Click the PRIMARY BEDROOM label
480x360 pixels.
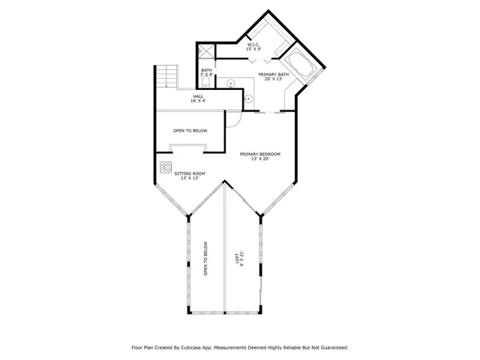pyautogui.click(x=259, y=154)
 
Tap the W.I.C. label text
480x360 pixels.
pyautogui.click(x=253, y=44)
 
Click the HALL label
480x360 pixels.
pyautogui.click(x=198, y=96)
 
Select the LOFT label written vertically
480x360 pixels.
pyautogui.click(x=238, y=256)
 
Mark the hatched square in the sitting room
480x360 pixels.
pyautogui.click(x=166, y=167)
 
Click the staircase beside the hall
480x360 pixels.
pyautogui.click(x=166, y=76)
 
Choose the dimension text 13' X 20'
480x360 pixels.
pyautogui.click(x=259, y=159)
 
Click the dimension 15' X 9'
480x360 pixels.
pyautogui.click(x=254, y=49)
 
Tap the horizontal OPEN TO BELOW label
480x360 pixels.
pyautogui.click(x=190, y=130)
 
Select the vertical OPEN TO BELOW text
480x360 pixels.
pyautogui.click(x=205, y=259)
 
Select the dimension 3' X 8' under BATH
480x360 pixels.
pyautogui.click(x=207, y=75)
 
